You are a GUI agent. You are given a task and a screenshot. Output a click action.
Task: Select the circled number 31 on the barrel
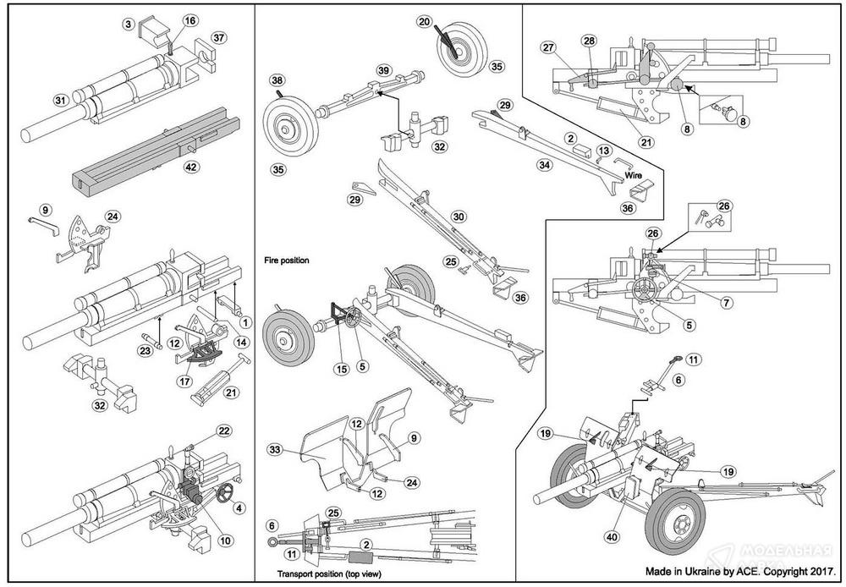60,101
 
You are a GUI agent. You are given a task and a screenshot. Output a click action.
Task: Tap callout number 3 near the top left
128,25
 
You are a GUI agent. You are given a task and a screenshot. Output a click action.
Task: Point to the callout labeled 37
219,38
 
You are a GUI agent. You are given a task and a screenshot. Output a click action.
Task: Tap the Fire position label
285,261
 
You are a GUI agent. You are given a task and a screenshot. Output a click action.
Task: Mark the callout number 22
223,431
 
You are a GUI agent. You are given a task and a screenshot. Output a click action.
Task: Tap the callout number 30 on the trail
458,217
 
